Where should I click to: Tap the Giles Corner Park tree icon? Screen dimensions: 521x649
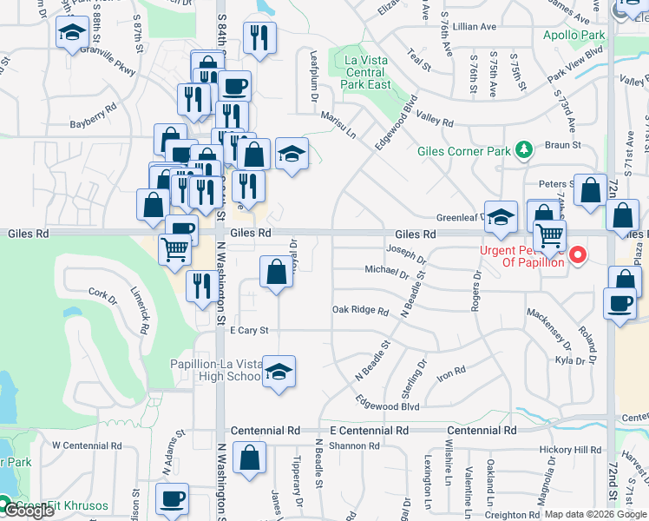click(x=523, y=151)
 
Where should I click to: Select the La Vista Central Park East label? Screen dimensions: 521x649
click(x=356, y=72)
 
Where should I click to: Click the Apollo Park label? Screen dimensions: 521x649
click(x=574, y=36)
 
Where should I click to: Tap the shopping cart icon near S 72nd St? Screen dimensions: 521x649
click(x=549, y=234)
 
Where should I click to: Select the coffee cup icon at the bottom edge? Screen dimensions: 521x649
click(x=172, y=499)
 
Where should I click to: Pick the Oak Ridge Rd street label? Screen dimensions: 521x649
click(x=360, y=310)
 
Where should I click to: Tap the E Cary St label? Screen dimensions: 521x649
click(x=249, y=331)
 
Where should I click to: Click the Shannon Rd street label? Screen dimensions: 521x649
click(x=355, y=446)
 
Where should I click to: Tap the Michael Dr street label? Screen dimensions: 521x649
click(x=386, y=271)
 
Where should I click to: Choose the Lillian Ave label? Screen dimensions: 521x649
click(x=475, y=28)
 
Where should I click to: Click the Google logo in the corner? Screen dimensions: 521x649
click(x=28, y=511)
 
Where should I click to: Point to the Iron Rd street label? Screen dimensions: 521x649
click(x=451, y=371)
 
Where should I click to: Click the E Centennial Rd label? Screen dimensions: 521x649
click(x=368, y=431)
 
